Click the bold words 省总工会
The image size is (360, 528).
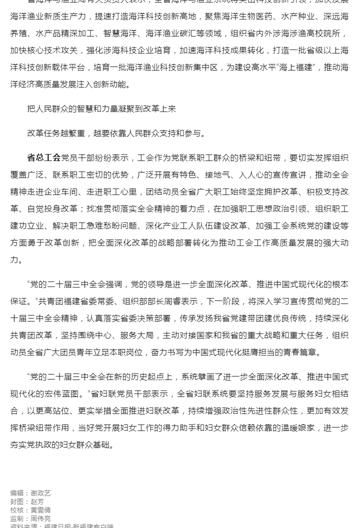click(x=44, y=157)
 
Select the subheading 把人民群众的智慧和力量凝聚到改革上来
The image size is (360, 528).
click(x=101, y=108)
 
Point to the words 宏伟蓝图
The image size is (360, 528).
click(x=66, y=393)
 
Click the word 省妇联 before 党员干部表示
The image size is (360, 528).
click(x=101, y=393)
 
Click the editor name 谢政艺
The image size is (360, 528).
click(x=40, y=493)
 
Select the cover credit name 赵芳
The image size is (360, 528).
click(x=37, y=501)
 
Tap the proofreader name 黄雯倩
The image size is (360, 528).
click(x=40, y=510)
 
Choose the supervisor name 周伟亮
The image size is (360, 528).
click(x=40, y=518)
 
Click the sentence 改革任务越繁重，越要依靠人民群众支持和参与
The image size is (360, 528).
click(x=116, y=133)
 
